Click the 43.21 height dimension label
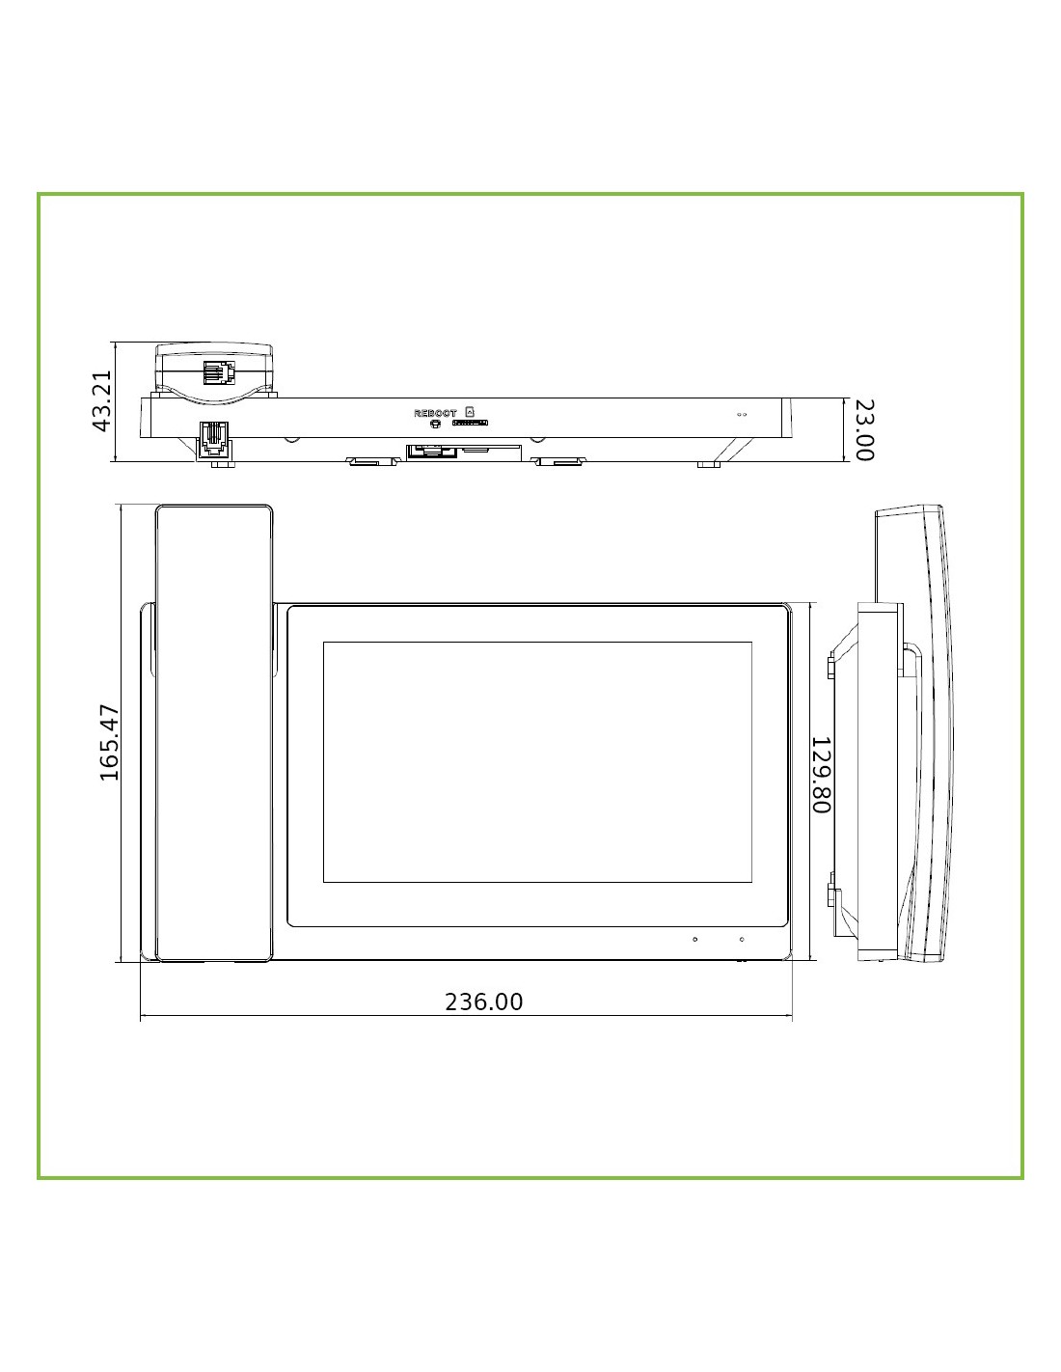pyautogui.click(x=101, y=401)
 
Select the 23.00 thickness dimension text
pyautogui.click(x=864, y=430)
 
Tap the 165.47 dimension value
pyautogui.click(x=109, y=743)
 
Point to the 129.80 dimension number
pyautogui.click(x=821, y=775)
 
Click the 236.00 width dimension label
pyautogui.click(x=484, y=1002)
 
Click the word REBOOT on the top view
pyautogui.click(x=435, y=414)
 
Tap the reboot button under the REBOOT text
pyautogui.click(x=434, y=424)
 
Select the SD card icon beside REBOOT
pyautogui.click(x=470, y=411)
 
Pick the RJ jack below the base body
pyautogui.click(x=214, y=439)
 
